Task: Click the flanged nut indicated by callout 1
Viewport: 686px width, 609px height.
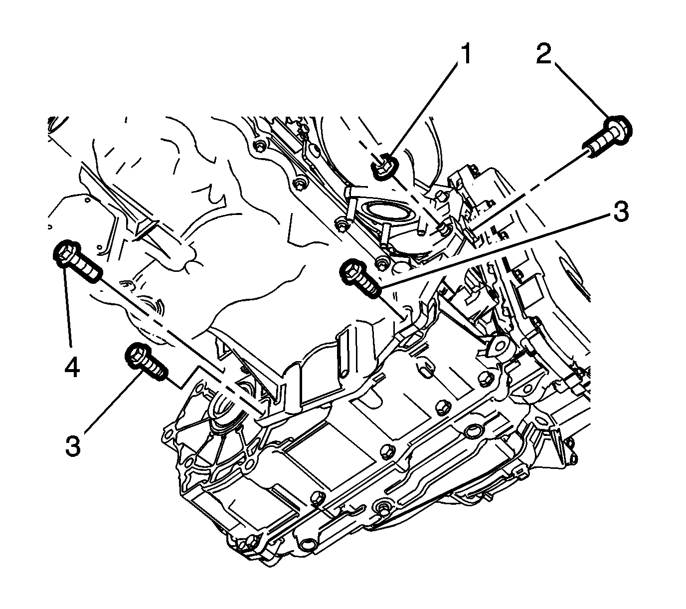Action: tap(384, 166)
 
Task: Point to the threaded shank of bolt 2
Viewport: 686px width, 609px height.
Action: tap(596, 145)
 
